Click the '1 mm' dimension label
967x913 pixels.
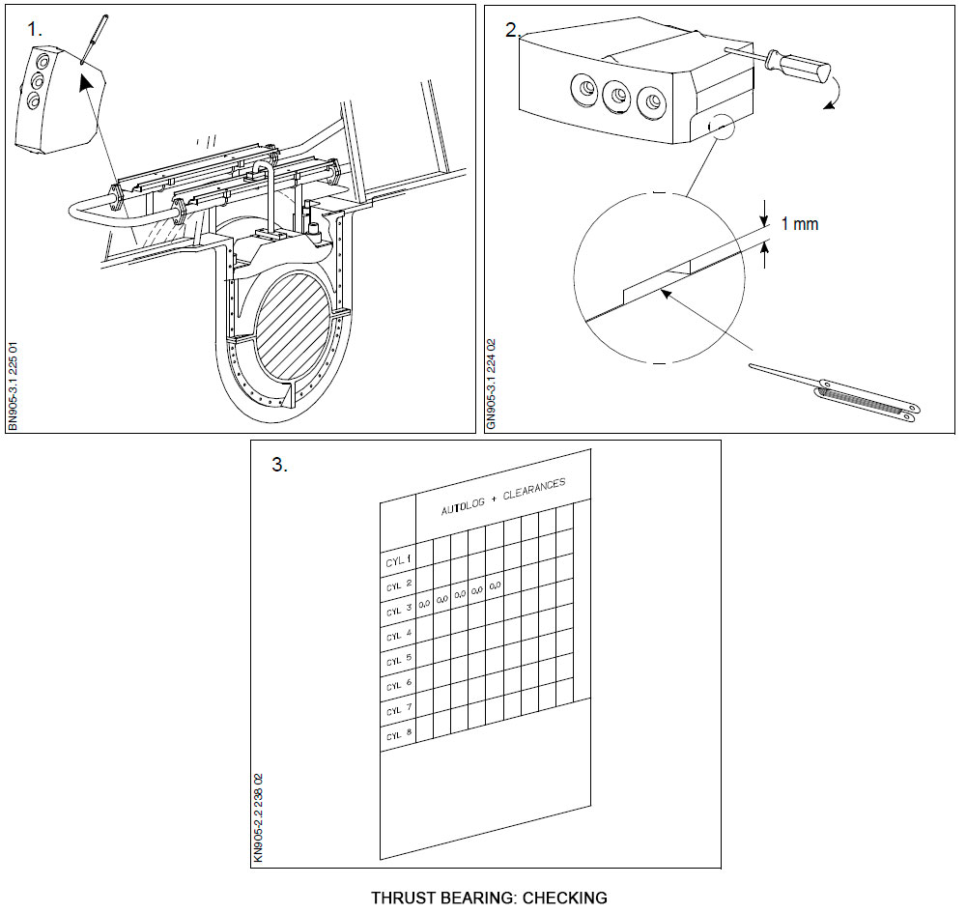click(x=799, y=224)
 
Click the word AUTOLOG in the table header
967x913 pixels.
click(x=461, y=505)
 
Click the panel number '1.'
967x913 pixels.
click(x=35, y=29)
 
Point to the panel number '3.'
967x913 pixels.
click(x=278, y=465)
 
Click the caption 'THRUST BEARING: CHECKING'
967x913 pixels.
click(x=489, y=898)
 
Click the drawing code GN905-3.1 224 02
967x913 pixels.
click(x=491, y=383)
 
